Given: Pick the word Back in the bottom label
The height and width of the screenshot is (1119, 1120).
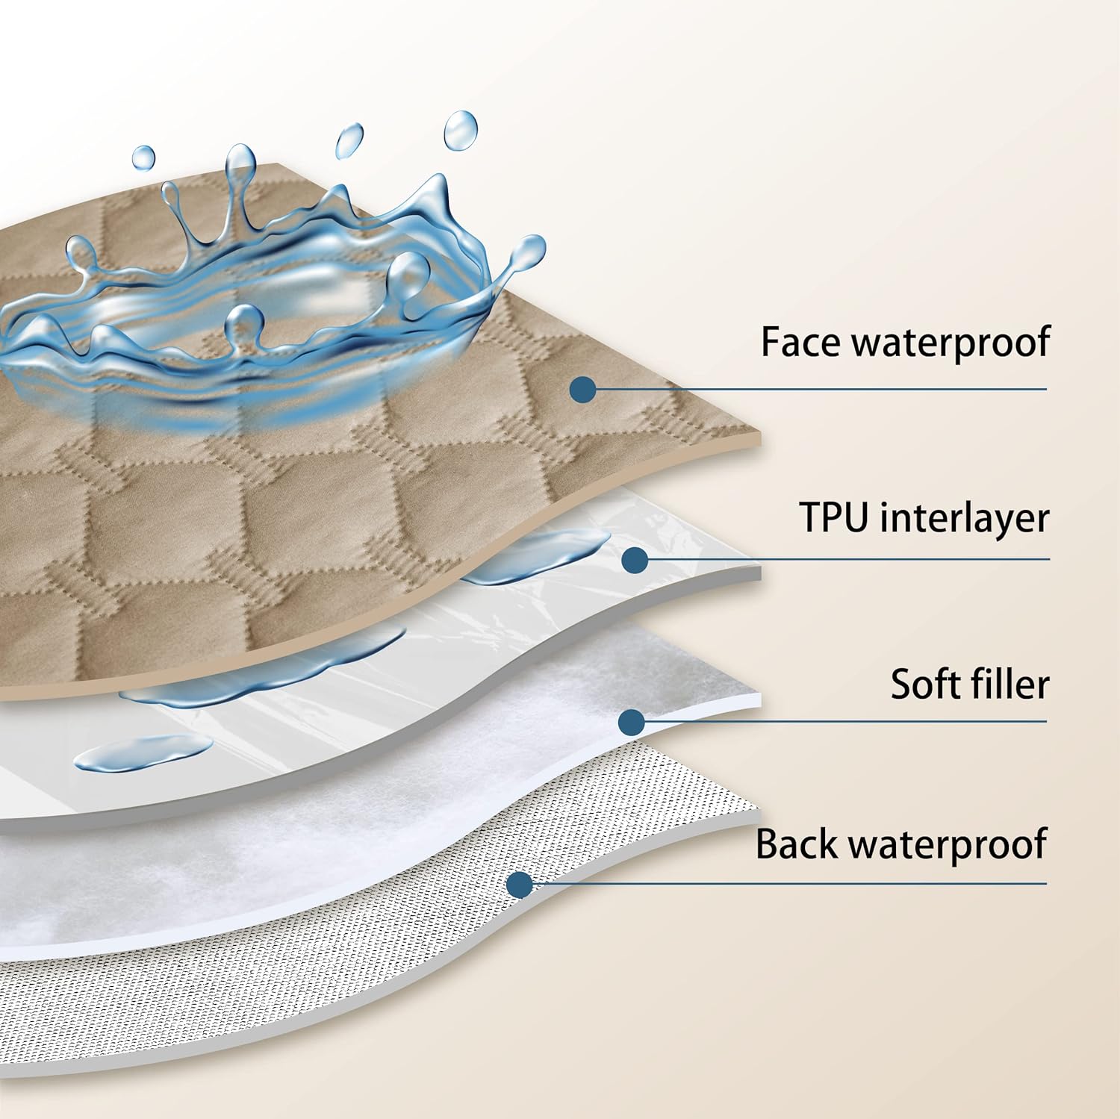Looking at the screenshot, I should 797,844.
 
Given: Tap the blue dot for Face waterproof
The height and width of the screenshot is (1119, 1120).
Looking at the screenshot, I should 582,389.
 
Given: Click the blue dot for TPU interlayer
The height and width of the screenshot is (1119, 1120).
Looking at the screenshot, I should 634,558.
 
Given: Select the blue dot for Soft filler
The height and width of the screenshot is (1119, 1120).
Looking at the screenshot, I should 632,721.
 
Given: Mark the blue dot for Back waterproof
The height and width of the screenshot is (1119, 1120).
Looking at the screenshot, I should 519,885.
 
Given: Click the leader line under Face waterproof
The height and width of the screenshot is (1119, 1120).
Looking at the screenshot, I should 821,389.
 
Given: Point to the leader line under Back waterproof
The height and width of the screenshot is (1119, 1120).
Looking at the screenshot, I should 784,885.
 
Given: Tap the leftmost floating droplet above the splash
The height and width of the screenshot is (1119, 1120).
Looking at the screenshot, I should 143,158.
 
